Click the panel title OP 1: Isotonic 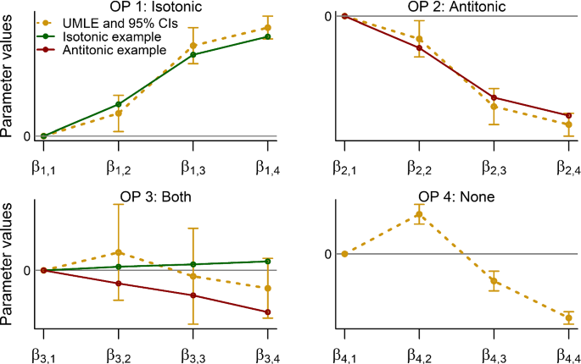pyautogui.click(x=155, y=8)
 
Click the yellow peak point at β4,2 pyautogui.click(x=419, y=214)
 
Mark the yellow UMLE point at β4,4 pyautogui.click(x=568, y=317)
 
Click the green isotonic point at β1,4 pyautogui.click(x=268, y=36)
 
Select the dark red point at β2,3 pyautogui.click(x=494, y=98)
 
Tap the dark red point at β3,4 pyautogui.click(x=268, y=312)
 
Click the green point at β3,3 pyautogui.click(x=193, y=265)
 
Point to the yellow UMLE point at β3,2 pyautogui.click(x=119, y=252)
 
